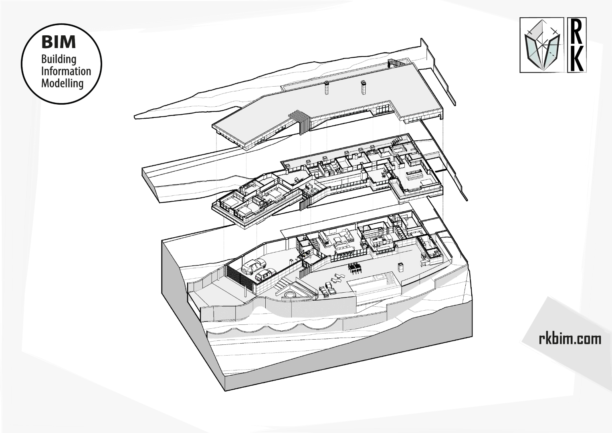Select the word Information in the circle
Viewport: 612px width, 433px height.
point(66,71)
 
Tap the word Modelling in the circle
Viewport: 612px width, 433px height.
point(62,83)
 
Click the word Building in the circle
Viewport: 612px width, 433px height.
point(59,59)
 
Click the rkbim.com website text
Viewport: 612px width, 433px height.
point(570,339)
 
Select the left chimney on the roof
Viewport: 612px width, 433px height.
point(326,88)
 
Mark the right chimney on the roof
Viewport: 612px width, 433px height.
point(363,87)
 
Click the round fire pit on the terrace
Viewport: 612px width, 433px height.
point(288,295)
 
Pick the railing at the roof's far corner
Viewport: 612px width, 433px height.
point(394,63)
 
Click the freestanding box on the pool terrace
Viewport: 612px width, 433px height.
point(400,267)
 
